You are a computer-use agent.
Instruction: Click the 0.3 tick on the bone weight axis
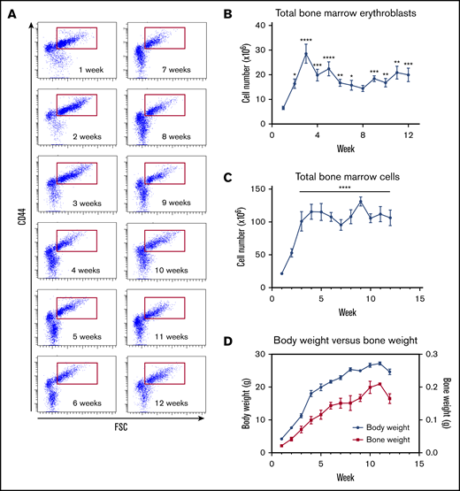425,355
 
